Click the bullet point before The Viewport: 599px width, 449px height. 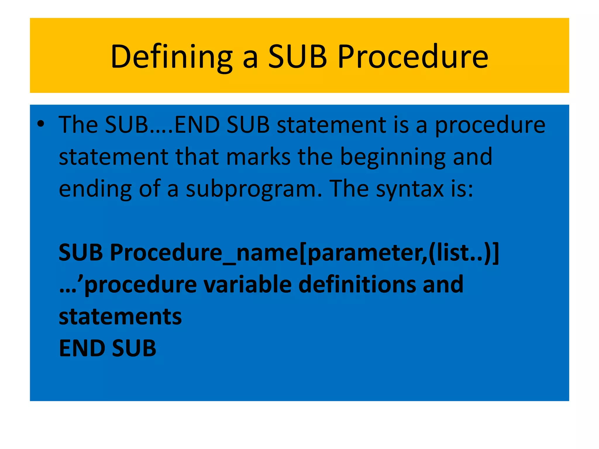click(x=41, y=125)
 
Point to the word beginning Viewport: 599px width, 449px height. click(x=393, y=157)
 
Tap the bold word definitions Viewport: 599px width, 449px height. click(x=357, y=284)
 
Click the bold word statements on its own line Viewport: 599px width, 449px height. click(x=120, y=317)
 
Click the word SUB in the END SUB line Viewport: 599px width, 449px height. click(x=134, y=348)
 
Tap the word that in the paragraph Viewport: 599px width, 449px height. click(x=197, y=157)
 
